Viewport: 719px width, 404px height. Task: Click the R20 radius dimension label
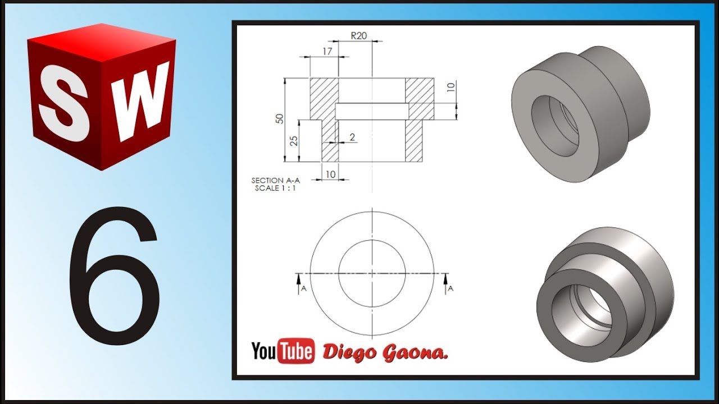358,35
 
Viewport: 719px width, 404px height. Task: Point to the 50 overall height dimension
279,118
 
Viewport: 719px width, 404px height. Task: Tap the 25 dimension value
293,140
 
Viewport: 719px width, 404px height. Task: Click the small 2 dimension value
352,137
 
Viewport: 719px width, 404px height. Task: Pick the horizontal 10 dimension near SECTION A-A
330,175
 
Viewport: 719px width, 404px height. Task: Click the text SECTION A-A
276,181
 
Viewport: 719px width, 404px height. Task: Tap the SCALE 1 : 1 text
275,189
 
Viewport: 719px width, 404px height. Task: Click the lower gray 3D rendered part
604,292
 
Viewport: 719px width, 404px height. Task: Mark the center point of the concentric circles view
372,273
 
